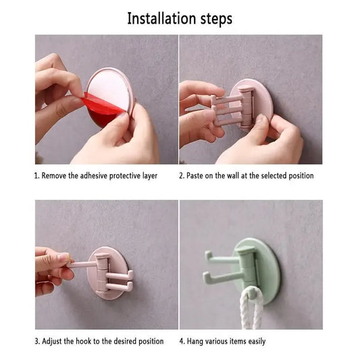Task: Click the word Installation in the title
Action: pos(162,18)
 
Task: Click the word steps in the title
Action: pos(216,20)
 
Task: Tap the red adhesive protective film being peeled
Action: pos(103,109)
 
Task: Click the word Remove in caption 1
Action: pos(54,176)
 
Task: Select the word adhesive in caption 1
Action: pos(93,176)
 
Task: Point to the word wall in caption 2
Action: pos(233,176)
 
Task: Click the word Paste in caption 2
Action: pos(195,176)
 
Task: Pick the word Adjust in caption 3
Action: pos(52,341)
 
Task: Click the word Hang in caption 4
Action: pos(195,341)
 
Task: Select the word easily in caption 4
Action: pos(257,341)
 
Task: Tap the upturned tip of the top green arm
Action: pos(208,255)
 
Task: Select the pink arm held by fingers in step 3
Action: pos(82,265)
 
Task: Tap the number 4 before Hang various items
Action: pos(182,341)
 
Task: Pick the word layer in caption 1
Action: pos(150,176)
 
